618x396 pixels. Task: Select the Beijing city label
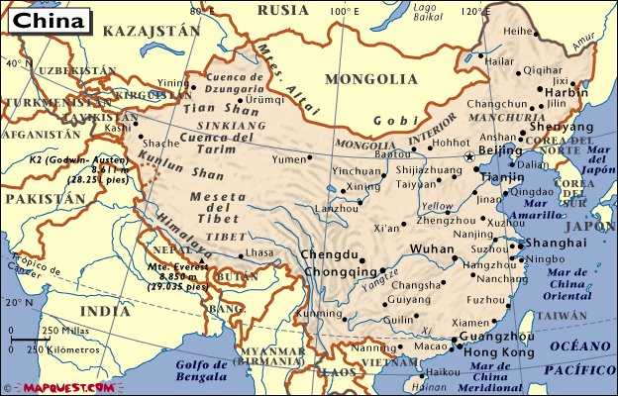500,149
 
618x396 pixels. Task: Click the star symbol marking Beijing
470,155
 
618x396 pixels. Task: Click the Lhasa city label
258,254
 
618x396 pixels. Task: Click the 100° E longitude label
345,11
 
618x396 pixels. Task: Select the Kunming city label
316,313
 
